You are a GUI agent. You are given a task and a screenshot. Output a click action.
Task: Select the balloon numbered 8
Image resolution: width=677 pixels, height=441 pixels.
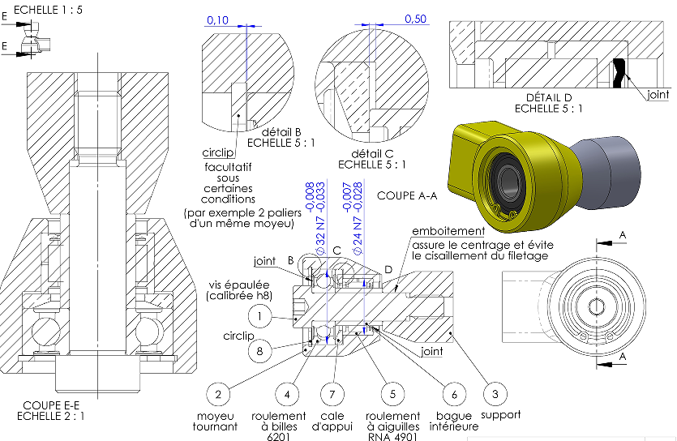coord(259,351)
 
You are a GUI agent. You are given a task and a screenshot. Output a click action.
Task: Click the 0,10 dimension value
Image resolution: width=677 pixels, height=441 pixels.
coord(217,19)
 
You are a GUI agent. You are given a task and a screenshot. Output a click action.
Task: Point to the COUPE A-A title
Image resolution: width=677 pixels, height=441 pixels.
coord(408,195)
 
